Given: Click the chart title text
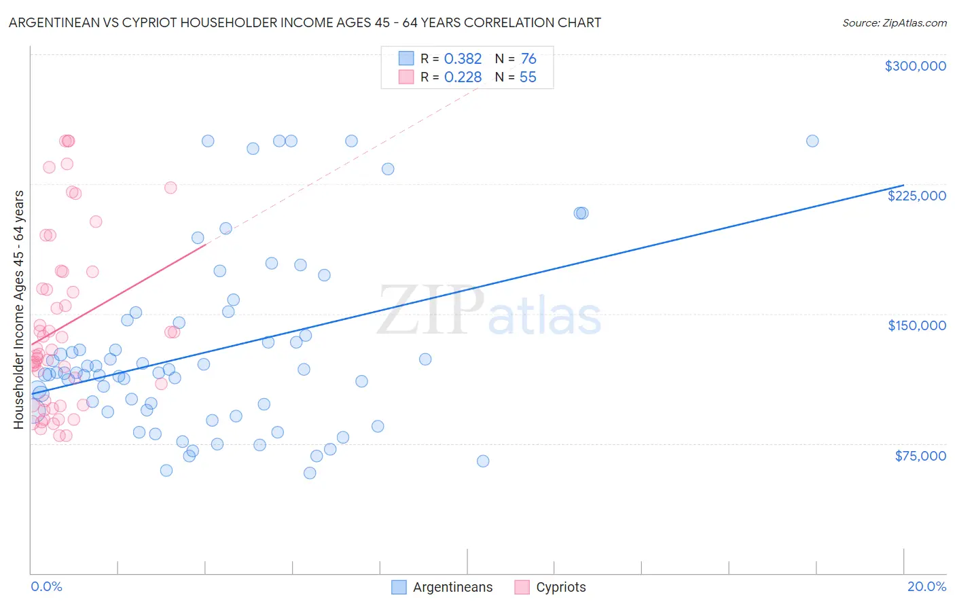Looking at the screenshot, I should point(304,22).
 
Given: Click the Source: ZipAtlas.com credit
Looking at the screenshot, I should point(894,22).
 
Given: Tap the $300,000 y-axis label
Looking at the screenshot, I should point(915,66).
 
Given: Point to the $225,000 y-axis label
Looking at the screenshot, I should point(916,196).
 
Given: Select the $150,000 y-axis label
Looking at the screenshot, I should point(916,325).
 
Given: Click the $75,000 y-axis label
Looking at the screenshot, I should point(920,456).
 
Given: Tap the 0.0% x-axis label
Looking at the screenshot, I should point(46,586).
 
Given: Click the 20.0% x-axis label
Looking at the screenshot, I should point(926,586).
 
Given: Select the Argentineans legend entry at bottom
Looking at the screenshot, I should point(442,587).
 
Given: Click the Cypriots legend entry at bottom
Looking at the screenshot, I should point(550,587).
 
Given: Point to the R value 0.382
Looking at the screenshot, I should point(463,58).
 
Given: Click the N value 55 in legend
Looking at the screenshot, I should point(528,77).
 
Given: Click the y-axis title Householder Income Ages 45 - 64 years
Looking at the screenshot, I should point(19,309).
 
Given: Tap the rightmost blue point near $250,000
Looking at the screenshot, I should point(812,141).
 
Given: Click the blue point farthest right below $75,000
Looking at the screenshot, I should point(483,461).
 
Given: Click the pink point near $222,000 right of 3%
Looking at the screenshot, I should point(170,188).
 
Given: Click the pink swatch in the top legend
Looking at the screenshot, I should point(406,77).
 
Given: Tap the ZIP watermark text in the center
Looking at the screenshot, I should point(431,311).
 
